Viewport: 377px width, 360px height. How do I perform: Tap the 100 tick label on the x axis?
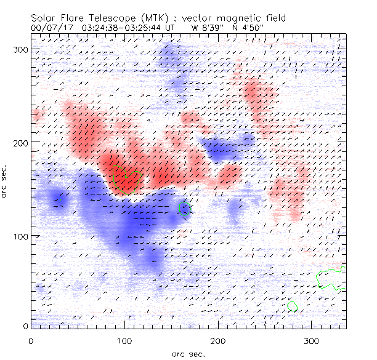[x=124, y=340]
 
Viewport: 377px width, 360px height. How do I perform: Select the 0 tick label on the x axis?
[x=31, y=340]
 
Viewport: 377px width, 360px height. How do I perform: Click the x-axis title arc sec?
[x=187, y=353]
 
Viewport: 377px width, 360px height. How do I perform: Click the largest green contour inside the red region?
[x=126, y=178]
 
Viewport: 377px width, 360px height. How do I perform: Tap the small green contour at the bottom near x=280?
[x=292, y=306]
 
